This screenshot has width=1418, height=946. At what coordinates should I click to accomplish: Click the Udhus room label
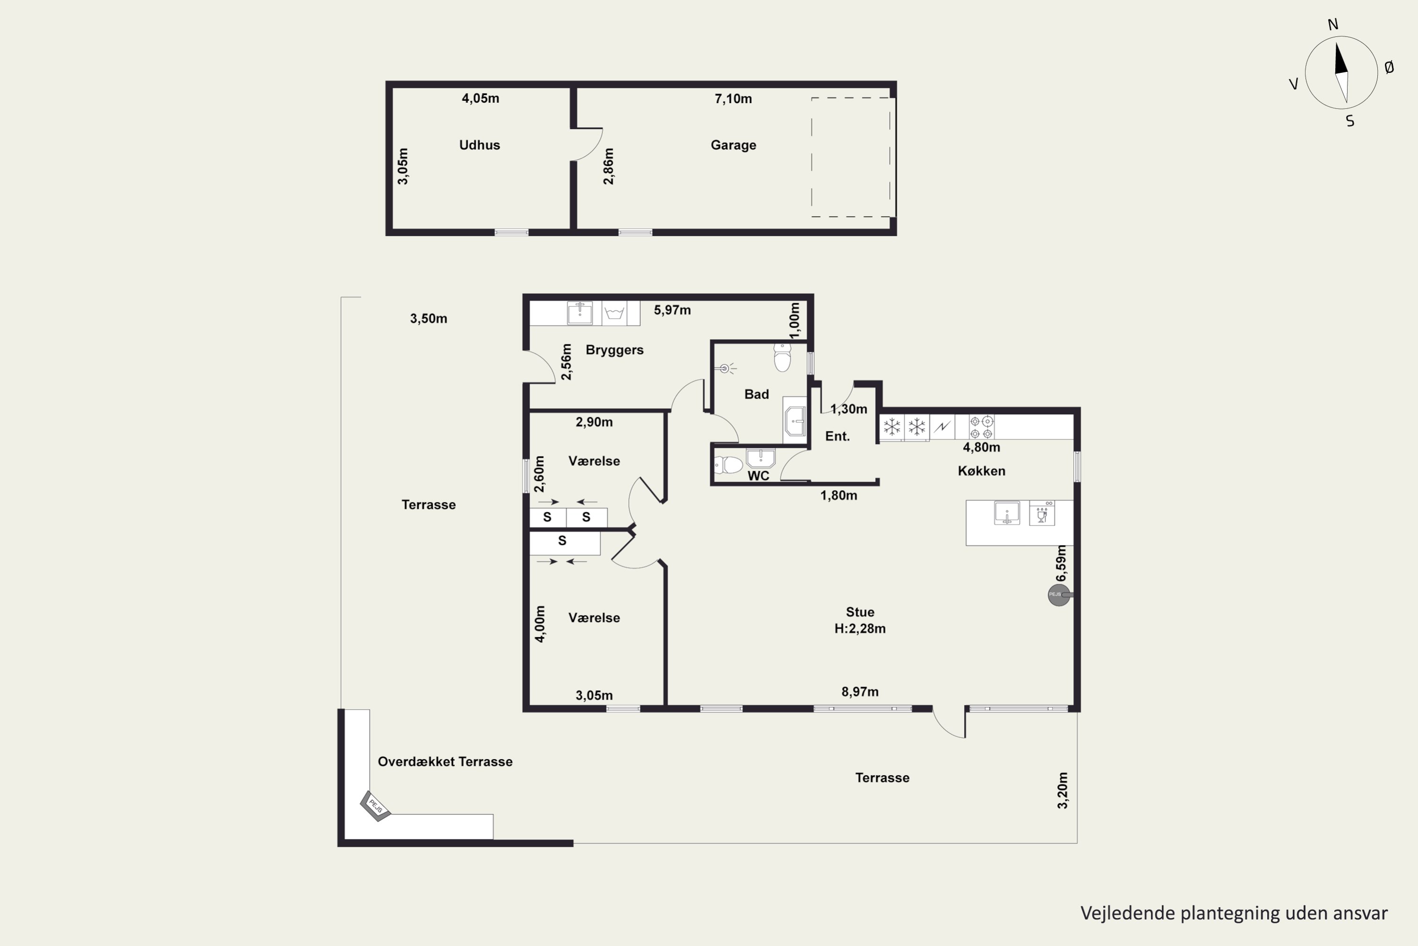(x=479, y=145)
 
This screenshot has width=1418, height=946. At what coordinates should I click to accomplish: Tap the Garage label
(x=733, y=145)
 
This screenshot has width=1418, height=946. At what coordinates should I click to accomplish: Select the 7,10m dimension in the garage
(x=733, y=99)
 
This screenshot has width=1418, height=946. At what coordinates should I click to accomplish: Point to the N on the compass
(x=1333, y=24)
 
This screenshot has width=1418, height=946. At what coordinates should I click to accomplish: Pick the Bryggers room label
(x=614, y=350)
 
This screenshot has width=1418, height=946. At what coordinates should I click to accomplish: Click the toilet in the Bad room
(x=782, y=357)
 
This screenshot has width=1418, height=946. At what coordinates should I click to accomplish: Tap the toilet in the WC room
(x=728, y=465)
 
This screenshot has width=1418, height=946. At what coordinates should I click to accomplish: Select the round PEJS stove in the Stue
(x=1059, y=595)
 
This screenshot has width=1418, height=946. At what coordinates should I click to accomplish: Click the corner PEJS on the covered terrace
(x=375, y=806)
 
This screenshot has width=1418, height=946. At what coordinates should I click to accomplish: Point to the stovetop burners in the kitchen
(x=982, y=427)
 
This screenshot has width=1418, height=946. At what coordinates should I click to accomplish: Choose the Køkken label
(x=982, y=471)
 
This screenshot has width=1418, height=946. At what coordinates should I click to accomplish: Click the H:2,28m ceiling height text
(x=860, y=629)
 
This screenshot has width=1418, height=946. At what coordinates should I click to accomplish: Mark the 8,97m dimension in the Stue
(x=860, y=692)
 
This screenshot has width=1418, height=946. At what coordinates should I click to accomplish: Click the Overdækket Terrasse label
(x=445, y=762)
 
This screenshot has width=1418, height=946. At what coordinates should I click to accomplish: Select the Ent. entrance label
(x=838, y=436)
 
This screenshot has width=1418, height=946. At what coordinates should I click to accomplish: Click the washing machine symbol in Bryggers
(x=614, y=313)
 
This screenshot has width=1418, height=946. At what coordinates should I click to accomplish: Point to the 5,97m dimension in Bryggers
(x=672, y=310)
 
